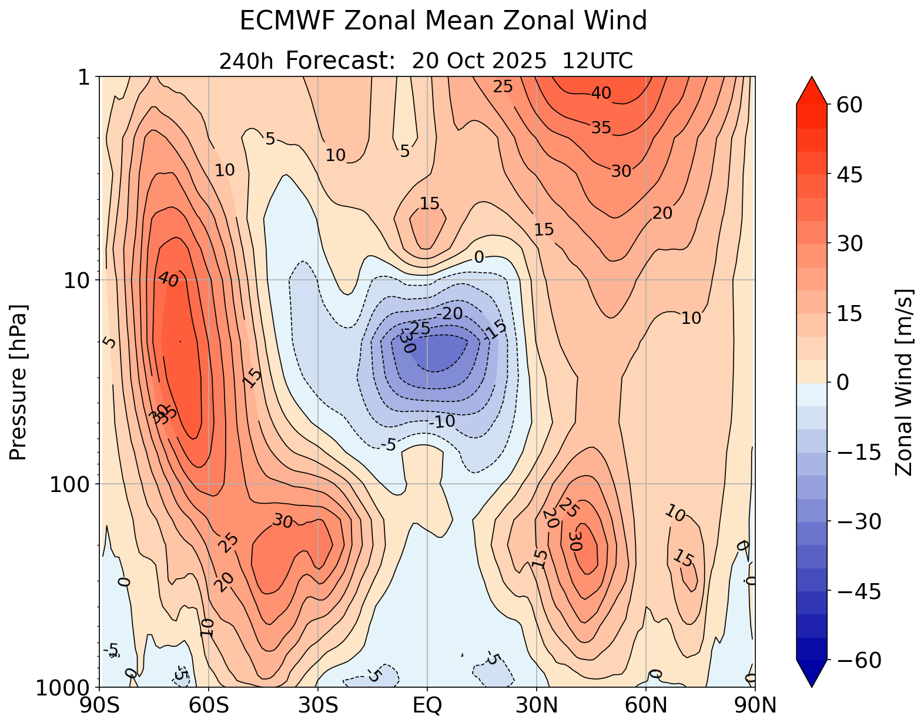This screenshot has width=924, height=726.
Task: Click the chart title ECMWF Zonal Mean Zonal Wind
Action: click(x=443, y=22)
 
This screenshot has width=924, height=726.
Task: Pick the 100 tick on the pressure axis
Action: click(x=76, y=484)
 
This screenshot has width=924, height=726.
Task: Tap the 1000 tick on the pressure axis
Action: click(x=66, y=687)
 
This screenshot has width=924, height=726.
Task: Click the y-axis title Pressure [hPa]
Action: click(x=19, y=382)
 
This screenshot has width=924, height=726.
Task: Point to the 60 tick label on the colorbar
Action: click(x=846, y=105)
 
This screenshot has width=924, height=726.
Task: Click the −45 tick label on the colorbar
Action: click(x=855, y=591)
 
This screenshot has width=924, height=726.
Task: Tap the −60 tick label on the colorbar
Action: click(x=855, y=661)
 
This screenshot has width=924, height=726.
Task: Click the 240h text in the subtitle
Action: click(x=246, y=61)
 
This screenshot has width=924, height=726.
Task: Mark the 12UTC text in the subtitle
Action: click(x=598, y=61)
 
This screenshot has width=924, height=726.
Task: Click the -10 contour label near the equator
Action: click(x=442, y=421)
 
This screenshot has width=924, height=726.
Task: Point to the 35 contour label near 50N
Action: click(x=601, y=127)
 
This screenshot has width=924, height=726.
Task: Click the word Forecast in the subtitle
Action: click(x=339, y=61)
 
